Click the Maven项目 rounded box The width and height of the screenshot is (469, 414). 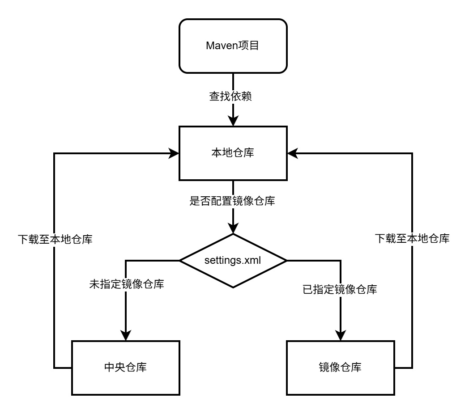[233, 46]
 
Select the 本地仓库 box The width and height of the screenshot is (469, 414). [233, 153]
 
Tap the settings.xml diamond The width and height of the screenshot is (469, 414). [233, 261]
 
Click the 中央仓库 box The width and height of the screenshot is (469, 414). [126, 368]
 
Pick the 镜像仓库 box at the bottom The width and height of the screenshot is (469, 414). [341, 368]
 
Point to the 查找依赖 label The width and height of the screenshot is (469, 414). [230, 96]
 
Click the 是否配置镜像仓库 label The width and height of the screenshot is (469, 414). [232, 201]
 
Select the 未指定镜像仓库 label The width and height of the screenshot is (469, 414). [127, 284]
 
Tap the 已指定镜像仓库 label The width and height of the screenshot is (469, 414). [340, 289]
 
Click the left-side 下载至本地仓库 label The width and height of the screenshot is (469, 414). [55, 239]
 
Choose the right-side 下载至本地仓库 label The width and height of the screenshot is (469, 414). [412, 239]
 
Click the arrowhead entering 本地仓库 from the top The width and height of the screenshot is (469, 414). [233, 120]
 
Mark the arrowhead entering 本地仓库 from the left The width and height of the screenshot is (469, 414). [174, 153]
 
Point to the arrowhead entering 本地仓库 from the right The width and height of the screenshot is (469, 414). [293, 153]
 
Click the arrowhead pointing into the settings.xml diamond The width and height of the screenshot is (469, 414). [233, 228]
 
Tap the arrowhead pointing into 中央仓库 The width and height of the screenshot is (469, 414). [126, 335]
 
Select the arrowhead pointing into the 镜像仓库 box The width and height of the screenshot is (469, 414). [341, 335]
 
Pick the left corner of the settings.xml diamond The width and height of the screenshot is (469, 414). [180, 261]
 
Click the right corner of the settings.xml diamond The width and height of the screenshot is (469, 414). [286, 261]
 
